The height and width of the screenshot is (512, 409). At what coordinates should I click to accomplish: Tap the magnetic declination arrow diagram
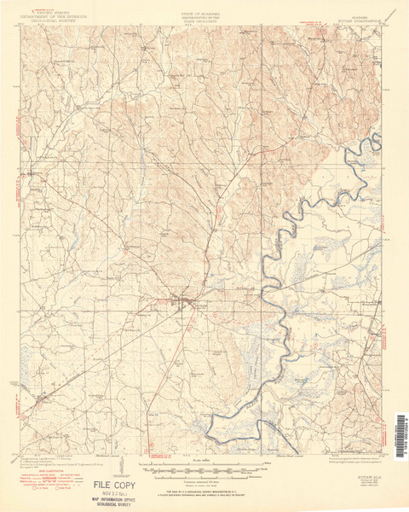(124, 468)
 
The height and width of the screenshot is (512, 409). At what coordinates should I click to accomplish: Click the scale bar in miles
(204, 469)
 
